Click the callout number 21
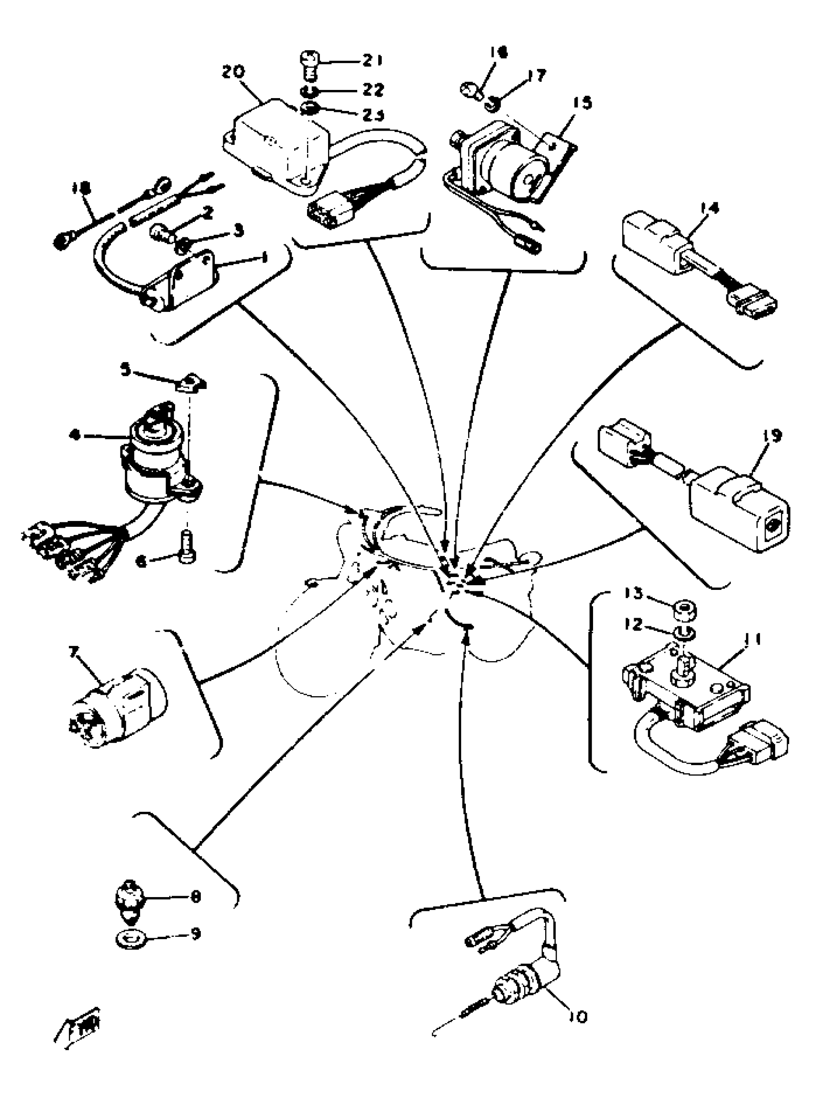click(x=373, y=61)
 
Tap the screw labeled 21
click(x=308, y=67)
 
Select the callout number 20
click(x=233, y=72)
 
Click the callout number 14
click(x=707, y=208)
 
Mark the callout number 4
click(x=75, y=435)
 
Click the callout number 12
click(x=633, y=624)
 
